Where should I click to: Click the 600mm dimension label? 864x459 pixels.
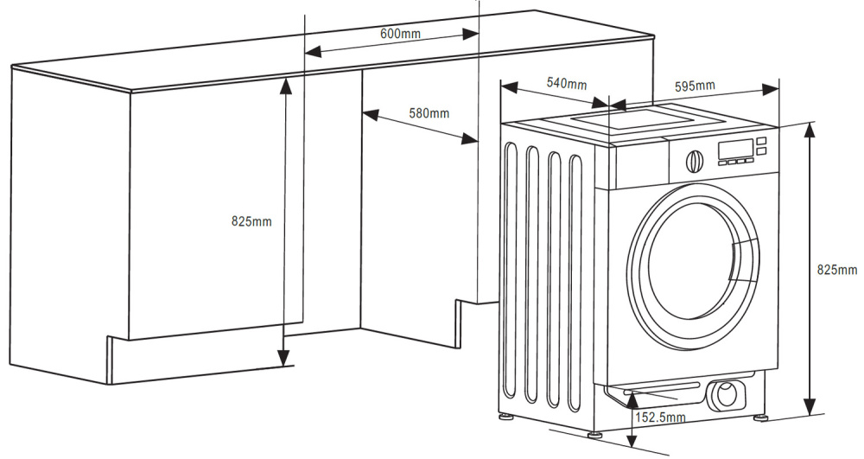pyautogui.click(x=400, y=33)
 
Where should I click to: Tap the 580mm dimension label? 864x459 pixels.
pyautogui.click(x=429, y=113)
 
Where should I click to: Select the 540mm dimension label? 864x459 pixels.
pyautogui.click(x=567, y=83)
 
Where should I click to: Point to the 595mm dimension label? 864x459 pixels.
pyautogui.click(x=695, y=86)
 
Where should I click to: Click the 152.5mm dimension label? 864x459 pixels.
pyautogui.click(x=661, y=418)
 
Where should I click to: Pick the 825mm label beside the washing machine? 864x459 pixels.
pyautogui.click(x=837, y=270)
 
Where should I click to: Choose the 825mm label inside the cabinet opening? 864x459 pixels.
pyautogui.click(x=251, y=221)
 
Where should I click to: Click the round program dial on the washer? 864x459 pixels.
pyautogui.click(x=695, y=161)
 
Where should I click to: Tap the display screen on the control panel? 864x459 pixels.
pyautogui.click(x=735, y=149)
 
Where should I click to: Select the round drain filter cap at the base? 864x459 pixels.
pyautogui.click(x=727, y=394)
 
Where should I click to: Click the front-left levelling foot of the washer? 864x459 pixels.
pyautogui.click(x=594, y=434)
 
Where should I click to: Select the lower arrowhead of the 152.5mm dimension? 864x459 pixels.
pyautogui.click(x=632, y=440)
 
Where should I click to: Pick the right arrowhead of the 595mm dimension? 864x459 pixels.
pyautogui.click(x=771, y=90)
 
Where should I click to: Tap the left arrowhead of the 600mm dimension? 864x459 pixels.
pyautogui.click(x=313, y=52)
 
